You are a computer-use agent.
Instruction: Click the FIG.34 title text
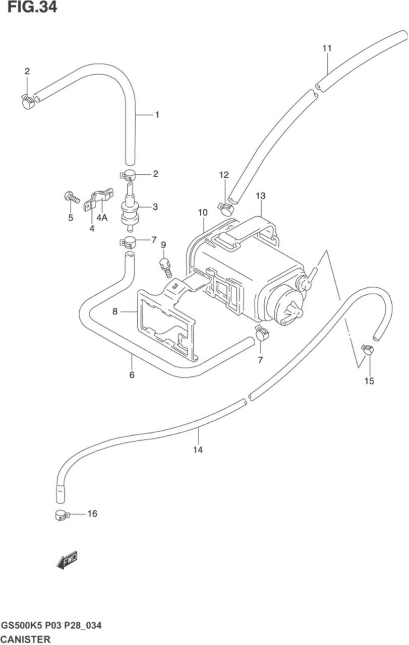tap(32, 7)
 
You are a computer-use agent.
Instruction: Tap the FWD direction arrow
tap(67, 560)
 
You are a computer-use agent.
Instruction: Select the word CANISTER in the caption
tap(26, 639)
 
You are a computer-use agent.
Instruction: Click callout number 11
tap(327, 48)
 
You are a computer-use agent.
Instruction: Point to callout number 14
tap(198, 450)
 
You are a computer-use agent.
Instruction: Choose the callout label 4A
tap(102, 218)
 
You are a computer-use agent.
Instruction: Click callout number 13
tap(261, 196)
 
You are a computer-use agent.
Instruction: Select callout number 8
tap(115, 311)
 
